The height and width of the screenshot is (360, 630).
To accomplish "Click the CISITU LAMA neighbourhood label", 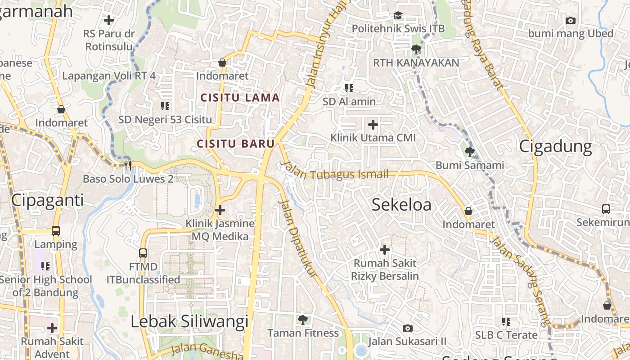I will coord(240,98).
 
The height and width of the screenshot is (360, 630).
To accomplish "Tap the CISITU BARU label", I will coord(235,144).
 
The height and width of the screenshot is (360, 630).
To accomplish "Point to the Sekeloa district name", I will coord(401,205).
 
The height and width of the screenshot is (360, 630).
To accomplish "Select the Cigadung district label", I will coord(555,147).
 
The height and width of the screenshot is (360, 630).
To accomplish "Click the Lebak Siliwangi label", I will coord(189,321).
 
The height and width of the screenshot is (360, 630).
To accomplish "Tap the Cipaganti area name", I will coord(47,200).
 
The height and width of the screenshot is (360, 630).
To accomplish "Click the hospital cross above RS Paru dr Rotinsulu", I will coord(109,20).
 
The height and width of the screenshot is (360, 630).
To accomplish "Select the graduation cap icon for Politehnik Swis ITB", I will coord(398,16).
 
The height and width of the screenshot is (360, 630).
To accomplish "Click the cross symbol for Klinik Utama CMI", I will coord(373,124).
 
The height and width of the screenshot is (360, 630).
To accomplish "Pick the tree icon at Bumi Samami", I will coord(470,152).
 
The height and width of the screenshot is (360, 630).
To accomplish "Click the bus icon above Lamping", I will coord(56,231).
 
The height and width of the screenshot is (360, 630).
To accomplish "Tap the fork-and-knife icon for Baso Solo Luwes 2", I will coord(128,166).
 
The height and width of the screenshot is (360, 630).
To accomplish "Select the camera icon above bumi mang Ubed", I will coord(571,20).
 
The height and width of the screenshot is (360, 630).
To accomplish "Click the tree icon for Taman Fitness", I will coord(303,320).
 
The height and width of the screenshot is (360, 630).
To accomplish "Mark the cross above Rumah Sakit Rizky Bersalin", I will coord(385,249).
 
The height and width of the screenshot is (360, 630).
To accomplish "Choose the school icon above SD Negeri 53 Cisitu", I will coord(165,106).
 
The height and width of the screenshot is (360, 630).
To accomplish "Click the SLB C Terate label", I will coord(506,335).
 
